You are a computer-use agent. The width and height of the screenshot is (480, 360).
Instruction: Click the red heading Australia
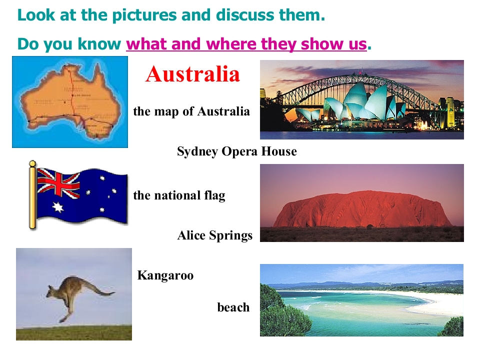[x=192, y=74]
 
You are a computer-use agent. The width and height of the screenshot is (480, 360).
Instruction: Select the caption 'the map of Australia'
[x=191, y=111]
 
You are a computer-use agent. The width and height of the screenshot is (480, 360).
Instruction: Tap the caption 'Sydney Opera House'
[x=236, y=151]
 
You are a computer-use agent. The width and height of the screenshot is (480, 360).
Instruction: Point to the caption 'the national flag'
[x=179, y=195]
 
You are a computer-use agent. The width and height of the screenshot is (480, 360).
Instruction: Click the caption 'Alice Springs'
[x=214, y=235]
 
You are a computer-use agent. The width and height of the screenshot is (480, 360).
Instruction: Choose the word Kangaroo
[x=165, y=275]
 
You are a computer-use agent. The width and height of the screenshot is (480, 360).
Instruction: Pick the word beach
[x=233, y=307]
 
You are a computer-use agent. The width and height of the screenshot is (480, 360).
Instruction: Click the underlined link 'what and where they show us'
[x=246, y=44]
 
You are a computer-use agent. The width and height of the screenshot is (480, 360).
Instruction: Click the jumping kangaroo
[x=70, y=295]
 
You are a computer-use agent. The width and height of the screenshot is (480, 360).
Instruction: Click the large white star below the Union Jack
[x=58, y=207]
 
